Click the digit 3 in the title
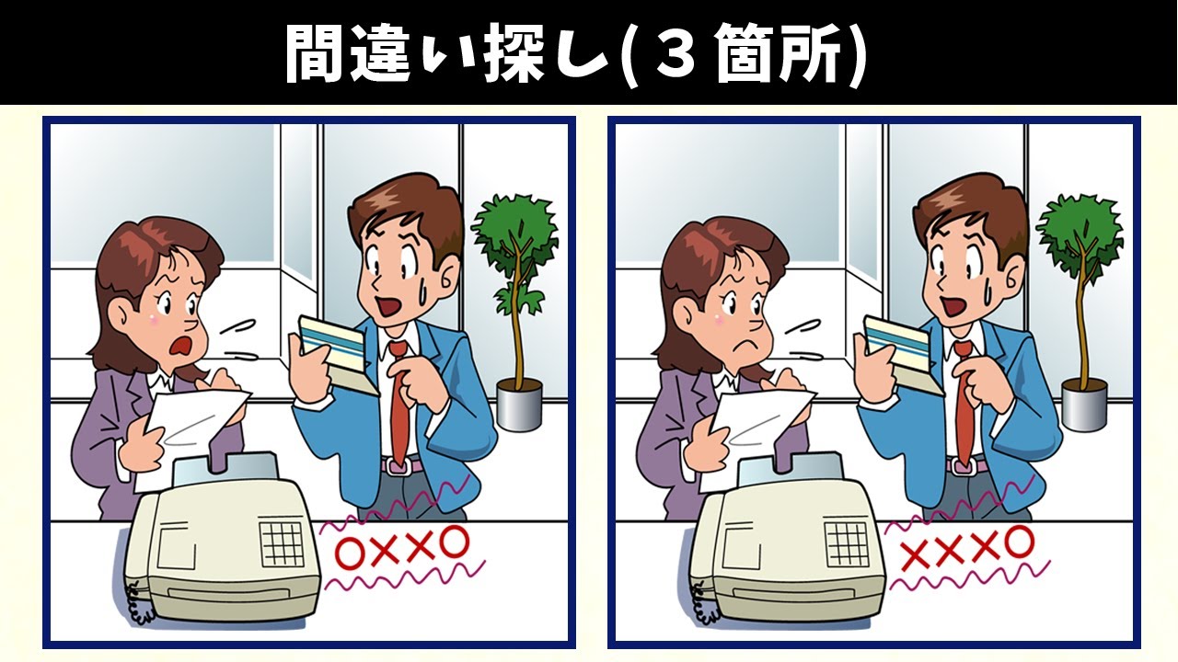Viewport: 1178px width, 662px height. click(677, 55)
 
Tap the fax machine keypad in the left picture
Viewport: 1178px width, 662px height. click(282, 543)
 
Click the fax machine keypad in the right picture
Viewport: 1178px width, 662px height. click(847, 543)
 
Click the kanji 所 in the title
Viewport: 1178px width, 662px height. click(814, 55)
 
